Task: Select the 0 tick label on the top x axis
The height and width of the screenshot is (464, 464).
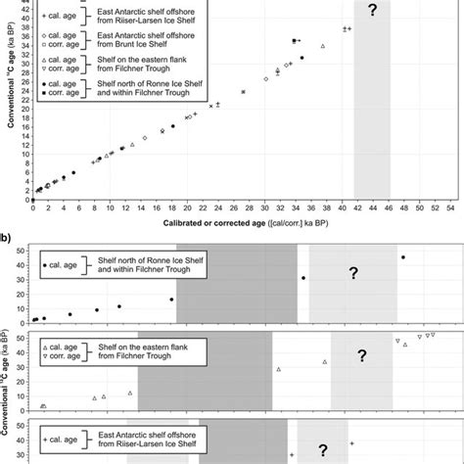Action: click(32, 209)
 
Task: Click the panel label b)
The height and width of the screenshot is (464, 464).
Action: click(7, 237)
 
